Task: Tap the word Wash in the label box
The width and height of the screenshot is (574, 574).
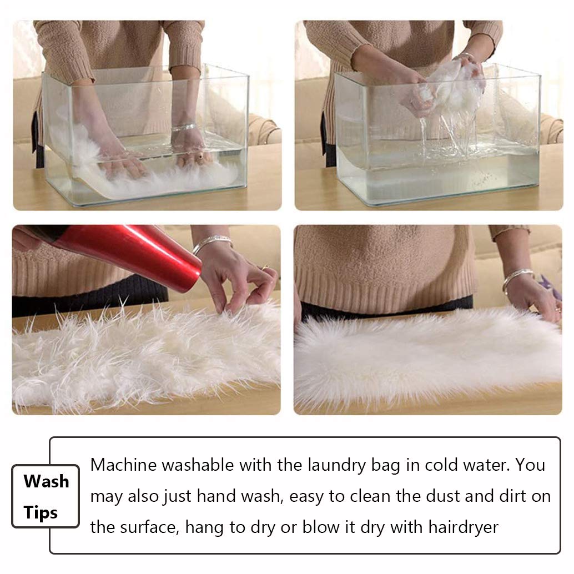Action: (47, 481)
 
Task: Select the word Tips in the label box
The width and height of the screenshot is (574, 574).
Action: (41, 512)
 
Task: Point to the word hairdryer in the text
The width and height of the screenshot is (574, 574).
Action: (463, 528)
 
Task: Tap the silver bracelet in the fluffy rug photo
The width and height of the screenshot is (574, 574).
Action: (517, 278)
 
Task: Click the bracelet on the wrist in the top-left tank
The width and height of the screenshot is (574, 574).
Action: (184, 128)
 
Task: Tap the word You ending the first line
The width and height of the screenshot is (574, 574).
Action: (531, 465)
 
